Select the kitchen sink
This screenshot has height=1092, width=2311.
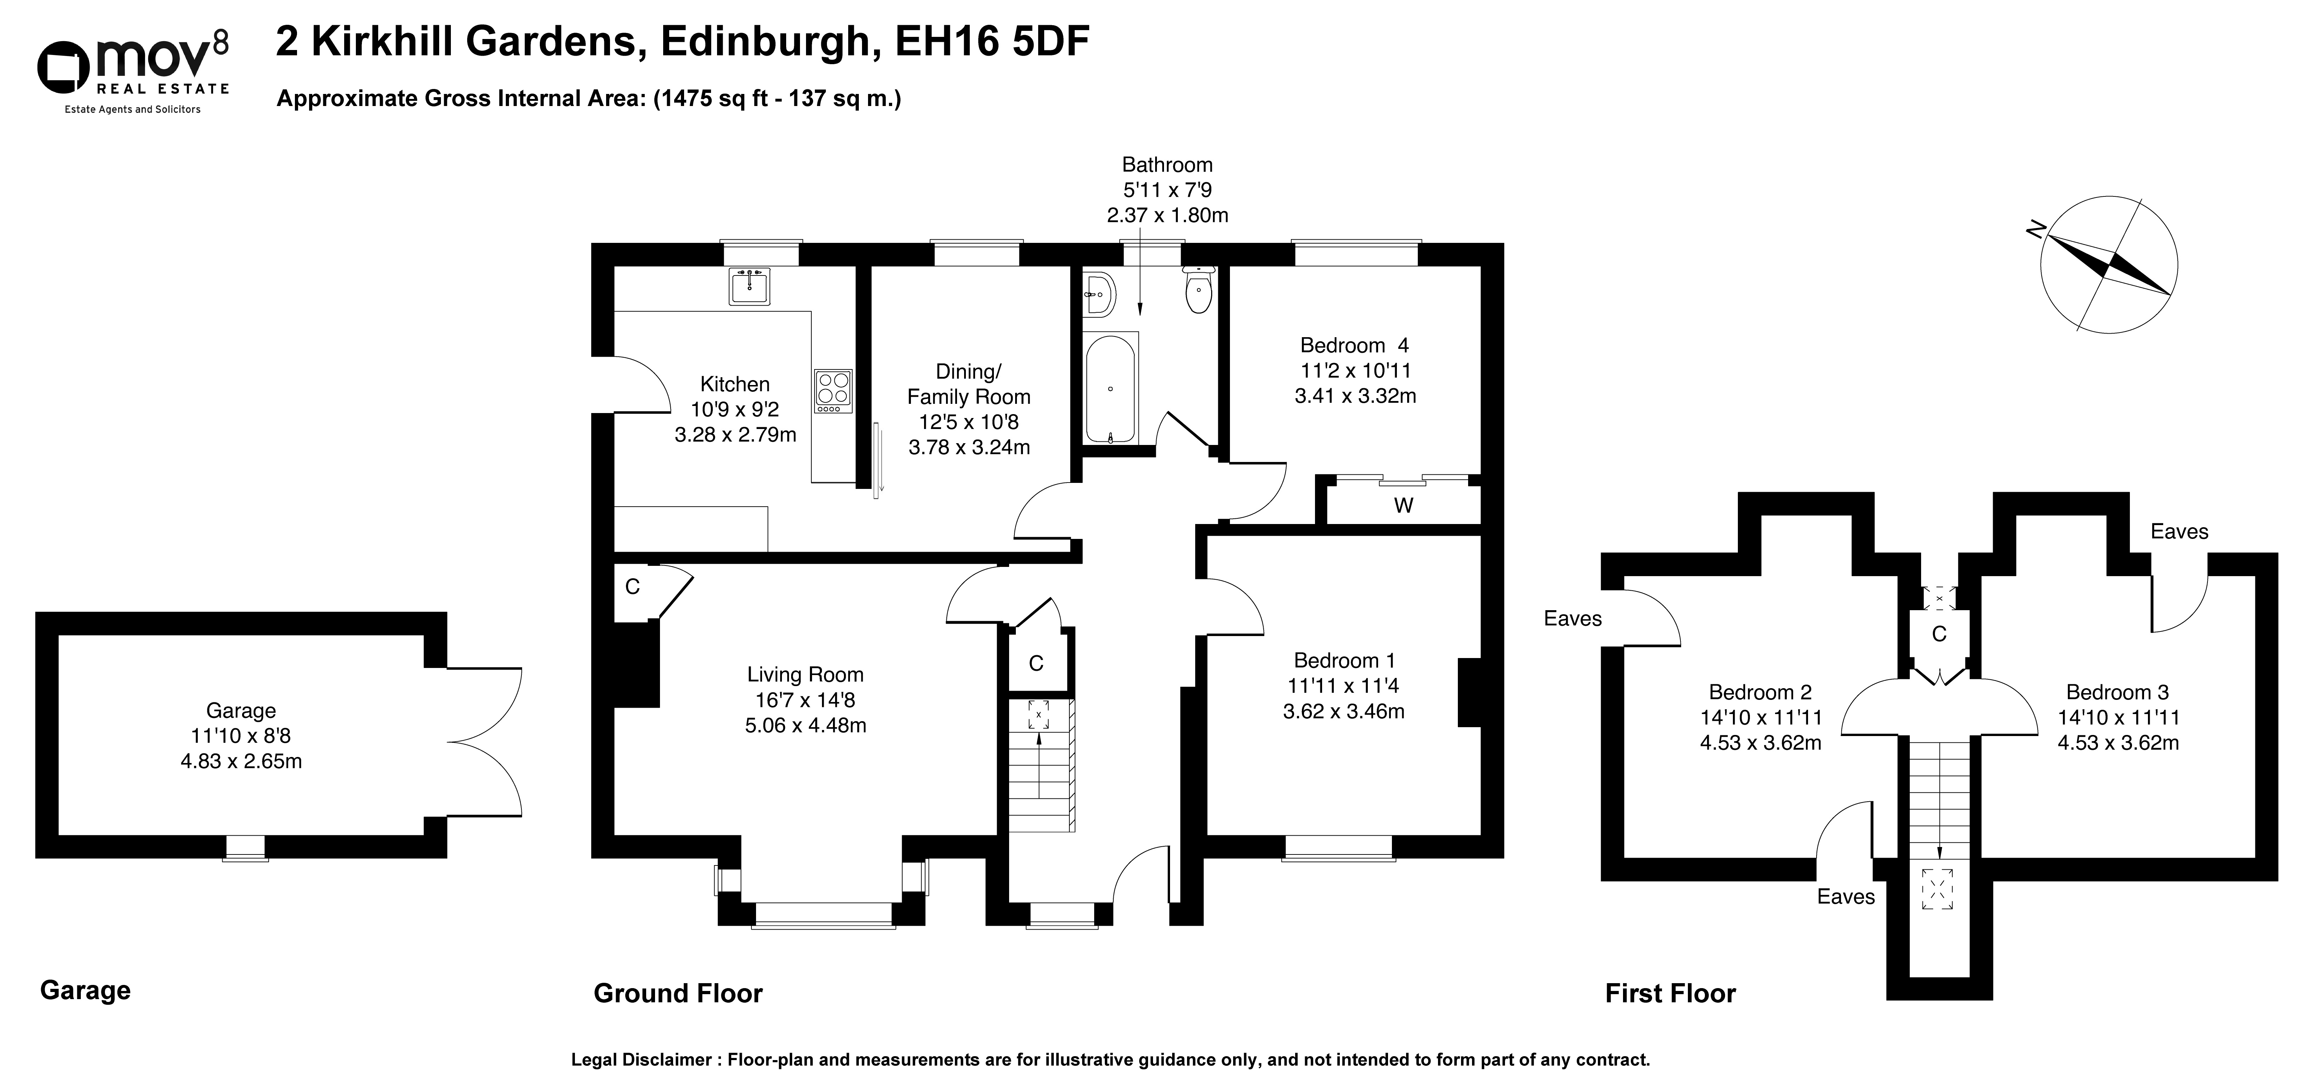pos(749,286)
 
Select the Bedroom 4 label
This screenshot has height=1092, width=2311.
pos(1355,345)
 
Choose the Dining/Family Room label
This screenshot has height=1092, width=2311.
pos(969,384)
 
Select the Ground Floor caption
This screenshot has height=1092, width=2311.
pos(678,993)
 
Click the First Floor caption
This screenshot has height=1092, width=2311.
pos(1671,993)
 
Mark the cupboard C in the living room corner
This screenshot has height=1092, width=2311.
pos(632,587)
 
